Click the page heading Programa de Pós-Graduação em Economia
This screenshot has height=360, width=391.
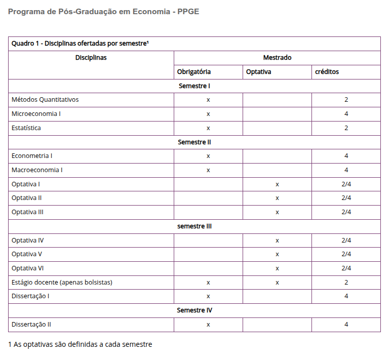point(104,12)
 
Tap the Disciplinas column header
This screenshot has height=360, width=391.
point(91,58)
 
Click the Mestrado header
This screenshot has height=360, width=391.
point(277,58)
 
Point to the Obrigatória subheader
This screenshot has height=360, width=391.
point(194,72)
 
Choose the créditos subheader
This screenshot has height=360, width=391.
point(327,72)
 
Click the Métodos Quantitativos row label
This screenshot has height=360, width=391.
point(45,100)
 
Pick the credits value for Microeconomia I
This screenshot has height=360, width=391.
point(346,114)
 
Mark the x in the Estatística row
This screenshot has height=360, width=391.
point(208,128)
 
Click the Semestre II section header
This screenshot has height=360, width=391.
point(194,142)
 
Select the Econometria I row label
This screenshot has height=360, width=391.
point(32,156)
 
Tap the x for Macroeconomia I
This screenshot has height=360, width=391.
point(208,170)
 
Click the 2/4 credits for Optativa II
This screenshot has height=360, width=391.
point(346,198)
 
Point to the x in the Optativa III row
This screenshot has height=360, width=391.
point(277,212)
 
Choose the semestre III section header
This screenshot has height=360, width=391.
point(194,226)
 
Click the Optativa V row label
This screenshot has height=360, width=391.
point(27,254)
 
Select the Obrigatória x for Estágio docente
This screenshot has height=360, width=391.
point(208,283)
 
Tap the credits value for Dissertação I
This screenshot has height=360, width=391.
point(346,296)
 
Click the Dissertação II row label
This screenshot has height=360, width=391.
point(31,325)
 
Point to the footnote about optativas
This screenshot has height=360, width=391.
point(80,345)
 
